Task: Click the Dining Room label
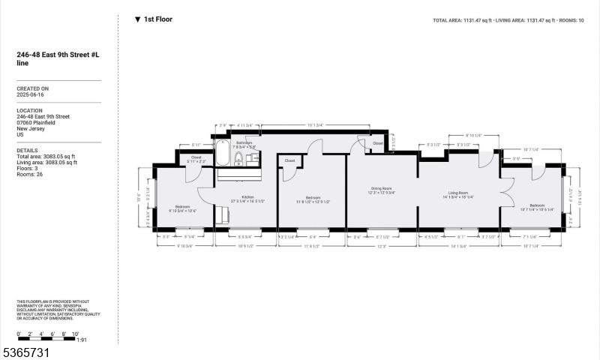click(x=382, y=188)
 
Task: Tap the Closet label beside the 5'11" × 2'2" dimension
click(x=196, y=157)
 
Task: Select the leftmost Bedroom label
click(x=182, y=206)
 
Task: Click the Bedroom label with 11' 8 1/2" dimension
click(x=313, y=197)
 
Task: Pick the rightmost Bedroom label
click(x=537, y=205)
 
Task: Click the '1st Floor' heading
click(x=157, y=19)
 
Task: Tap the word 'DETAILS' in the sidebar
click(x=28, y=150)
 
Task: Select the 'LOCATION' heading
click(x=30, y=110)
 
